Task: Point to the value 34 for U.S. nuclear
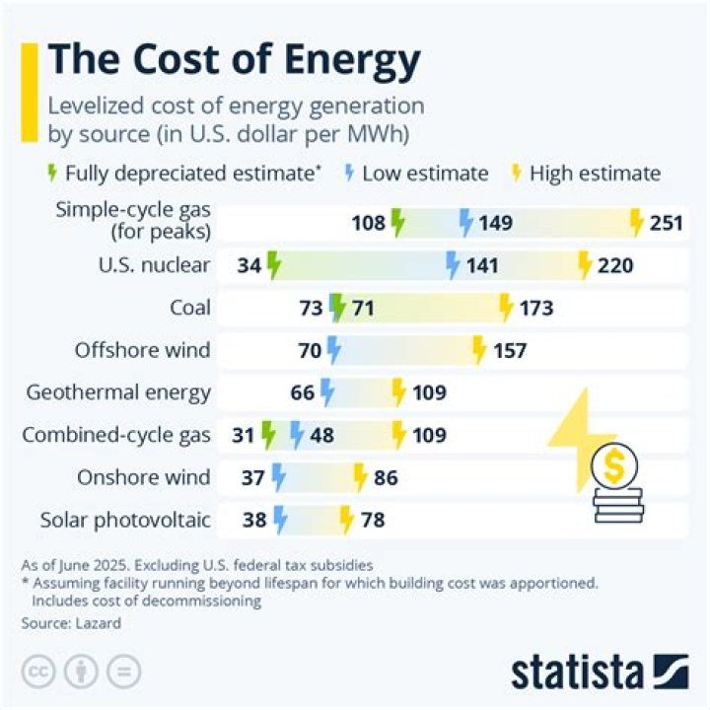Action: [249, 265]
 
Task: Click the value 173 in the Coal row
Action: [535, 308]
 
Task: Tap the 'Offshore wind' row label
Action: [142, 350]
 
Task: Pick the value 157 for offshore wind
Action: [509, 350]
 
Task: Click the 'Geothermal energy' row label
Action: [118, 392]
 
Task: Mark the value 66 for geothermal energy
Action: [303, 392]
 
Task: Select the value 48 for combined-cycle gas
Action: [321, 435]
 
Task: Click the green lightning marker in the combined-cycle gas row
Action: [268, 434]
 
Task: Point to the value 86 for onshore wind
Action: [386, 477]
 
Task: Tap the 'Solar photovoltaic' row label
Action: [125, 520]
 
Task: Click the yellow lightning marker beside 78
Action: [346, 519]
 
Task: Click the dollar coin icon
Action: [613, 468]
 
